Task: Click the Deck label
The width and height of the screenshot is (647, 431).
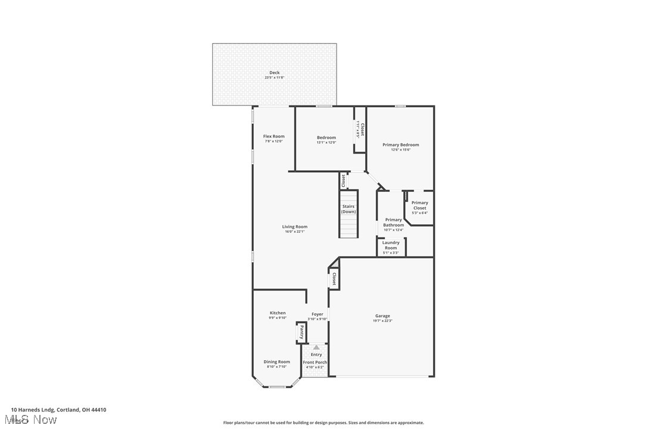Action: point(274,73)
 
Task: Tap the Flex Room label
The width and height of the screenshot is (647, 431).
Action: point(274,136)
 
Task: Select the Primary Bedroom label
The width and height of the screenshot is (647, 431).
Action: point(400,145)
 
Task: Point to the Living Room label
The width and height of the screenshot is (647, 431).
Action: point(294,226)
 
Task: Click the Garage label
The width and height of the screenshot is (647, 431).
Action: point(382,316)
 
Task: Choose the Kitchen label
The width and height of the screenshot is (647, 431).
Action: point(278,313)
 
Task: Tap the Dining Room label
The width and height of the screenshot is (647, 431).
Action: point(277,361)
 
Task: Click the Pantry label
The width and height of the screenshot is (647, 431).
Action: point(302,332)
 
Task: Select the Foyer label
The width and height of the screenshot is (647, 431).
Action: point(318,314)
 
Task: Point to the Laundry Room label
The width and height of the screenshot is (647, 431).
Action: point(391,245)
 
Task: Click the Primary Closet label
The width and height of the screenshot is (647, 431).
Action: point(419,205)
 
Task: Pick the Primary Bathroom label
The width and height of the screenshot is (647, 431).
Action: point(393,222)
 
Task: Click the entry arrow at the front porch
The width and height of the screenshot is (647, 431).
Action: point(316,347)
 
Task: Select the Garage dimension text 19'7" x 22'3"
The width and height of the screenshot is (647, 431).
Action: point(382,321)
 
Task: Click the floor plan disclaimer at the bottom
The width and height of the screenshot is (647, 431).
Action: point(323,423)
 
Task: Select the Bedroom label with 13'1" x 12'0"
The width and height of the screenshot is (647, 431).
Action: point(326,138)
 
